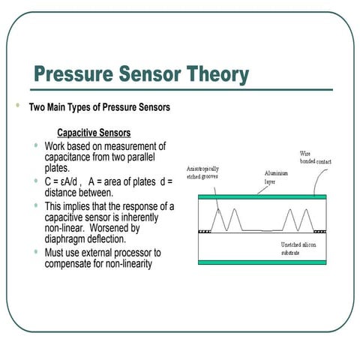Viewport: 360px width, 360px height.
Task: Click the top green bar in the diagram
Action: (x=262, y=196)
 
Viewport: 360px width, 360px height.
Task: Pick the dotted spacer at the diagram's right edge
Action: (x=320, y=232)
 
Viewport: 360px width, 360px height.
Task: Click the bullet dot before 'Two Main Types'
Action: (x=16, y=106)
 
